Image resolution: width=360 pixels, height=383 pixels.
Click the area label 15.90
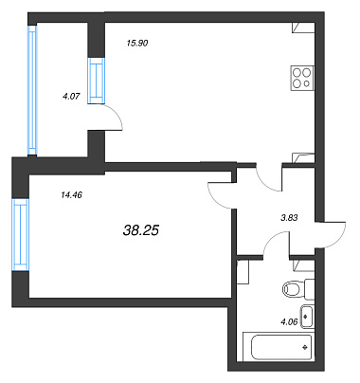coord(137,43)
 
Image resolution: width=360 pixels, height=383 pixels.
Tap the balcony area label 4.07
coord(71,96)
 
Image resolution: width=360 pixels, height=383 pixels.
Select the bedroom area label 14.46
coord(71,195)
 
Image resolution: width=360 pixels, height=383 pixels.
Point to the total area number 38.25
coord(141,230)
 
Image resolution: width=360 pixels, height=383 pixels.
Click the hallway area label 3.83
coord(289,217)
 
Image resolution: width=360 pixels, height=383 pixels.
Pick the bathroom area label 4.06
coord(289,322)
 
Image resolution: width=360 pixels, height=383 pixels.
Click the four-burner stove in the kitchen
coord(302,78)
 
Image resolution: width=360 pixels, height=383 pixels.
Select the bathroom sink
coord(307,317)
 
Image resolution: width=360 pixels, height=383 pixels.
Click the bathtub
coord(279,346)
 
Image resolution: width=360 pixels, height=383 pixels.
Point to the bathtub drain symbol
coord(305,347)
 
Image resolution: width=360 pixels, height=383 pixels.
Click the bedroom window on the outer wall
coord(21,234)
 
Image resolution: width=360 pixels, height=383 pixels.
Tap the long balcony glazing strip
coord(32,90)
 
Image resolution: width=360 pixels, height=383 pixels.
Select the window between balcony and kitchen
coord(96,81)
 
